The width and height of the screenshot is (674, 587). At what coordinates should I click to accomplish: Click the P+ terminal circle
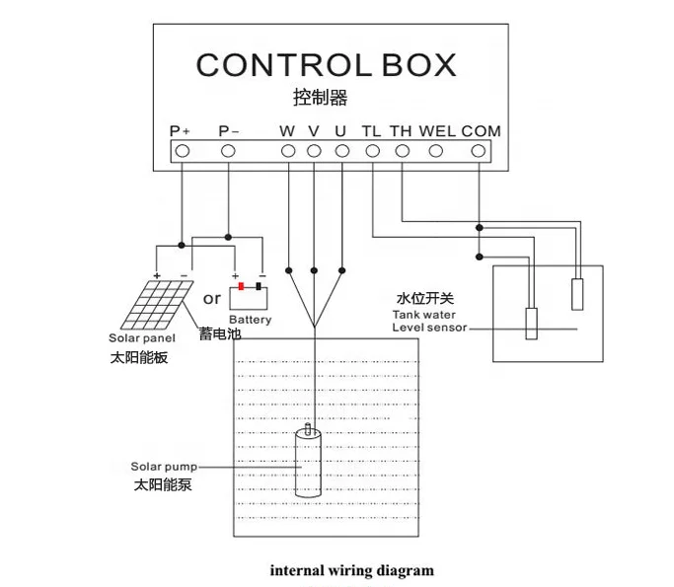(182, 151)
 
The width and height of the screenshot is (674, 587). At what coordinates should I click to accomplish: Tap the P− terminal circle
(228, 151)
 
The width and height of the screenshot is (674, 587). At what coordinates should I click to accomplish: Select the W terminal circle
(288, 151)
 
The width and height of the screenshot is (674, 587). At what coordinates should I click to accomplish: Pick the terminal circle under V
(314, 151)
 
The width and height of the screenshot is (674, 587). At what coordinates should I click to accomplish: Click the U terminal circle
(341, 151)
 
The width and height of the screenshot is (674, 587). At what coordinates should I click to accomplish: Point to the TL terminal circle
(372, 151)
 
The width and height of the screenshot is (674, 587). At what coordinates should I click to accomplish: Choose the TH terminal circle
(402, 151)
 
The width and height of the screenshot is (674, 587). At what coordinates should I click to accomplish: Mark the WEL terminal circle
(436, 151)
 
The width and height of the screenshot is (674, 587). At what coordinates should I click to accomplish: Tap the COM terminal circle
(479, 151)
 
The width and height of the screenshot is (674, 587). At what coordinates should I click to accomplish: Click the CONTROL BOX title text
(326, 65)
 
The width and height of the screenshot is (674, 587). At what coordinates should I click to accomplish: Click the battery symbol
(249, 296)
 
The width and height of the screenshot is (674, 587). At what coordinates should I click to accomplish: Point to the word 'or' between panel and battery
(212, 298)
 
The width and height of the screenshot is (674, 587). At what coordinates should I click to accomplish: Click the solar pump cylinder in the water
(310, 464)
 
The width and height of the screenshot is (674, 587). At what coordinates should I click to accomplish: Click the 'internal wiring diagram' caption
(351, 570)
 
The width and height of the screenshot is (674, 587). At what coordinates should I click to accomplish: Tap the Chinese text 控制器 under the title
(321, 99)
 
